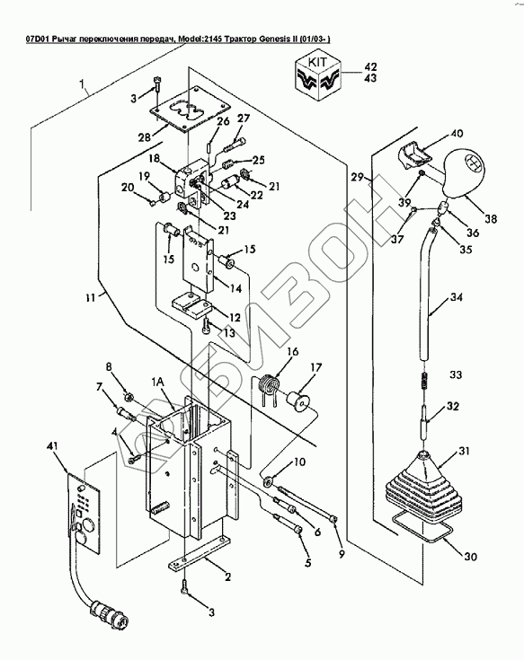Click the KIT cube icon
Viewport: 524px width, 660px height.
(317, 77)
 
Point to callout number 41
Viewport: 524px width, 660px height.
(56, 446)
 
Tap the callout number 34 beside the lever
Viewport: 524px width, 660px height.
(457, 297)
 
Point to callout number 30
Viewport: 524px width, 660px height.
(470, 557)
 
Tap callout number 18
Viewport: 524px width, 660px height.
(155, 158)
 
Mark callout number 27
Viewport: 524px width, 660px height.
(243, 119)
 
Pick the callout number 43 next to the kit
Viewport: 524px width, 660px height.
(369, 78)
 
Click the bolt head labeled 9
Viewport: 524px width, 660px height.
(333, 520)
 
